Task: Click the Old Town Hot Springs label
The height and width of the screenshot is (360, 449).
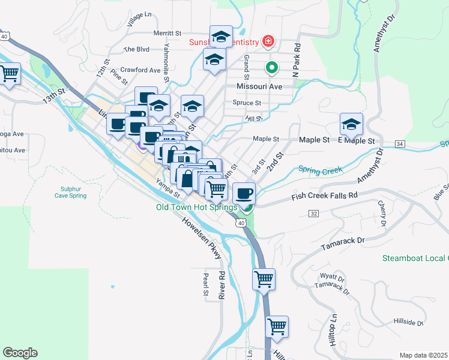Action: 197,208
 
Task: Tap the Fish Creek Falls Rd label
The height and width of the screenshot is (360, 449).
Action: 324,196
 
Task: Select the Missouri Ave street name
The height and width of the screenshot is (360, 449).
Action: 259,86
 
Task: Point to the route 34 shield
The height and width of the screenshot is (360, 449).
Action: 400,144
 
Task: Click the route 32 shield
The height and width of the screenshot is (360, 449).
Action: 314,213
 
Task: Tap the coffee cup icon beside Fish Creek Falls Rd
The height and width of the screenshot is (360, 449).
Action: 244,193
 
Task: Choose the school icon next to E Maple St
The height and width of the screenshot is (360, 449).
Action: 351,124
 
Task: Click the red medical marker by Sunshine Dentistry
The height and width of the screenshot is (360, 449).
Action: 268,41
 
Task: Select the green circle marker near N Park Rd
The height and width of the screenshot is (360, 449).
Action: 271,68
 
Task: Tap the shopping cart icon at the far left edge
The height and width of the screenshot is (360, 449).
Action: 9,74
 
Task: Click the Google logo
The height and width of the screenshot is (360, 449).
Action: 20,353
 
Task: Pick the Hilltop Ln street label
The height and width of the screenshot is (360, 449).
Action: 333,324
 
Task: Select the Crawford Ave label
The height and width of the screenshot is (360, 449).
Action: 140,70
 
